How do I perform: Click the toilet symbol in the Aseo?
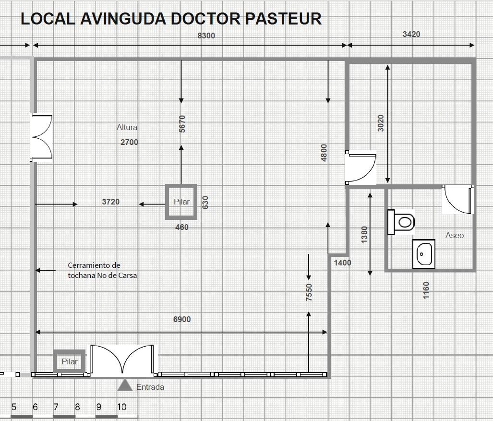click(401, 222)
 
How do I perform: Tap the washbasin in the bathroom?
click(424, 254)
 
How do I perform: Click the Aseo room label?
click(454, 236)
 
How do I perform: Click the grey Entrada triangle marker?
click(125, 385)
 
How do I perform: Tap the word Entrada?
click(150, 387)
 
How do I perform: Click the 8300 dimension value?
click(206, 36)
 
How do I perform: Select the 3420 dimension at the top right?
click(411, 34)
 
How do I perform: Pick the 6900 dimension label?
click(182, 319)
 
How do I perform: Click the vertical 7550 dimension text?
click(309, 292)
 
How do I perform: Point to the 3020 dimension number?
click(381, 123)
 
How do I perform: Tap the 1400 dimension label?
click(342, 263)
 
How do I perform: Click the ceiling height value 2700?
click(129, 142)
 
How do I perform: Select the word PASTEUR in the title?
click(283, 19)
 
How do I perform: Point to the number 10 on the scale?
click(121, 407)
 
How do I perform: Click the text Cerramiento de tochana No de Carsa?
click(102, 270)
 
